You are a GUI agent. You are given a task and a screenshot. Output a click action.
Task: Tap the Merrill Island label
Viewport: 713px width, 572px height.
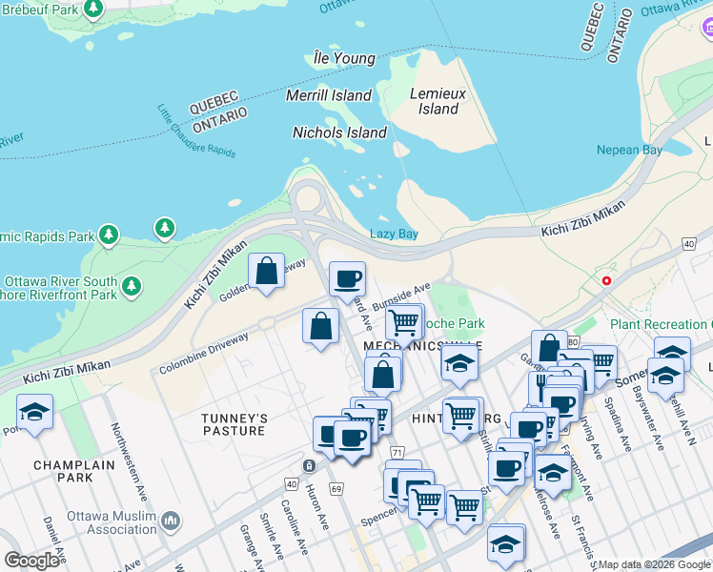click(x=329, y=95)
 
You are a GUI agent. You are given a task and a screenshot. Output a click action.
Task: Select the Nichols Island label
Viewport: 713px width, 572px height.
click(x=339, y=133)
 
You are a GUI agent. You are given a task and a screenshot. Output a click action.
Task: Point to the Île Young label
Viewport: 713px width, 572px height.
click(x=344, y=58)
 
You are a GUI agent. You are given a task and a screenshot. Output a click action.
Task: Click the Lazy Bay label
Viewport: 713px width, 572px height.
click(x=394, y=234)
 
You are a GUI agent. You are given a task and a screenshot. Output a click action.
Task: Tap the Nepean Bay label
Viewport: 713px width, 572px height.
click(x=629, y=150)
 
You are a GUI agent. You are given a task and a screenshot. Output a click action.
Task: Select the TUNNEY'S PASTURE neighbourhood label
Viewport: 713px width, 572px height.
click(x=234, y=424)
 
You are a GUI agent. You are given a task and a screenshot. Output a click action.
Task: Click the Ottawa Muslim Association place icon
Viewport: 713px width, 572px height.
click(x=172, y=521)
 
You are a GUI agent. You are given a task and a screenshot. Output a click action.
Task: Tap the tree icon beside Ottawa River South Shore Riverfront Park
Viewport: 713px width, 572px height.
click(x=131, y=285)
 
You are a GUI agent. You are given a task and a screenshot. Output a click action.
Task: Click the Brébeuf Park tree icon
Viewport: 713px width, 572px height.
click(x=93, y=10)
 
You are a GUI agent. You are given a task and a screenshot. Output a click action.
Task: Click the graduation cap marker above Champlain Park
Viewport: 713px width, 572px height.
click(x=35, y=413)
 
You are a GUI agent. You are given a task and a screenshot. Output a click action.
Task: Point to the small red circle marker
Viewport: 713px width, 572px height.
click(x=606, y=280)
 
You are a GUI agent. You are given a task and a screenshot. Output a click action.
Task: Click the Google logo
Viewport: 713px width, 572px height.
click(x=32, y=561)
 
